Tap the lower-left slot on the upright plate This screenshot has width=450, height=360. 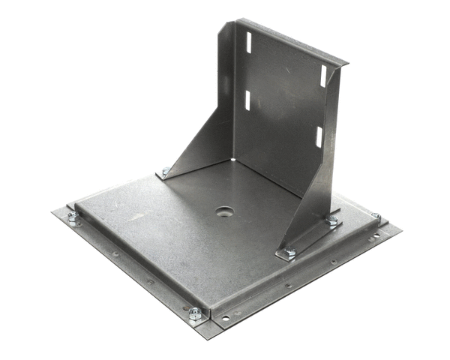(247, 99)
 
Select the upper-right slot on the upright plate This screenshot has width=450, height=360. (324, 76)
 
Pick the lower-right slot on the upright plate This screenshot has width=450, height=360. (318, 136)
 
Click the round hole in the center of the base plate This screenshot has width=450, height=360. (223, 212)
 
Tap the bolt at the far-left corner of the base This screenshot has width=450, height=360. (73, 217)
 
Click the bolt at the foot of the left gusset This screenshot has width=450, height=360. (166, 172)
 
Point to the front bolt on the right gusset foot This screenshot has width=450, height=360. (289, 253)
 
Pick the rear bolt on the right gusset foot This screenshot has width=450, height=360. (332, 220)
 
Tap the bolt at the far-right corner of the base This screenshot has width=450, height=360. (376, 217)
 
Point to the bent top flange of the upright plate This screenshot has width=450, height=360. (292, 41)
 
